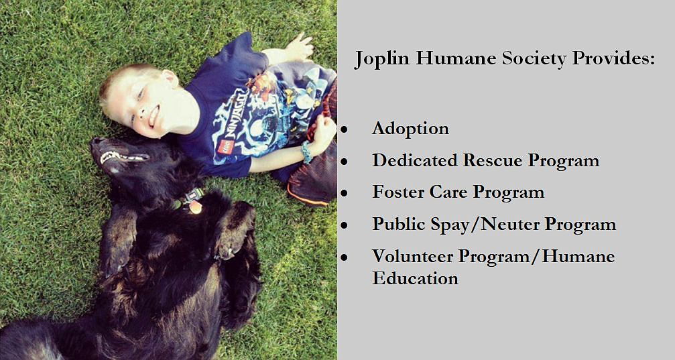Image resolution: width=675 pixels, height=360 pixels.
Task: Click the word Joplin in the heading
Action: (382, 58)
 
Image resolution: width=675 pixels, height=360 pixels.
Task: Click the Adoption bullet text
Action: (411, 129)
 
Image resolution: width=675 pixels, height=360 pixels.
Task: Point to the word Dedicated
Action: (414, 160)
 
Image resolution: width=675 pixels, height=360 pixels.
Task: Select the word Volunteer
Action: (412, 256)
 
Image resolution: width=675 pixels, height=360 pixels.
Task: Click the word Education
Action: (416, 278)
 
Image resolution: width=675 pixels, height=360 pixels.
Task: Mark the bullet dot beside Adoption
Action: (344, 129)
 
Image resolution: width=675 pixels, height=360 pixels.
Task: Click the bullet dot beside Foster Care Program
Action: (344, 193)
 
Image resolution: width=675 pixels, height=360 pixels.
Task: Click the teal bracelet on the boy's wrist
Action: (306, 152)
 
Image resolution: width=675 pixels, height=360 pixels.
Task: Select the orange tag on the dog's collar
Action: (195, 207)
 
